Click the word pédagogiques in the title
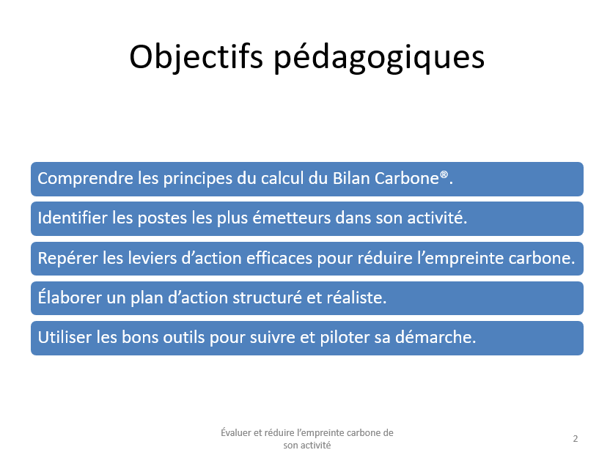click(x=379, y=59)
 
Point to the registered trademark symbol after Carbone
click(x=444, y=174)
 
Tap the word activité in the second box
click(x=437, y=218)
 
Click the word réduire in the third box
click(x=385, y=258)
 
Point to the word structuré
click(x=268, y=298)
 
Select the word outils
click(x=183, y=337)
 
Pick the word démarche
click(x=436, y=337)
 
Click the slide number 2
click(x=576, y=439)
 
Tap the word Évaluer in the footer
click(x=236, y=432)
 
